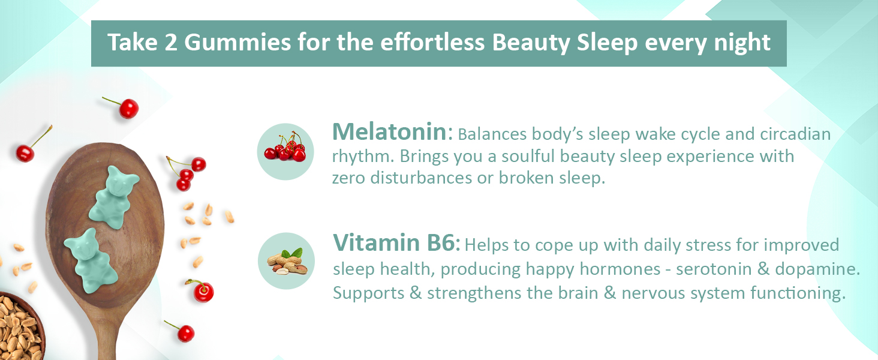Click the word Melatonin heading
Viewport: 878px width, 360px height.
click(x=389, y=132)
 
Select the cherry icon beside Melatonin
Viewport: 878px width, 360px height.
click(x=285, y=151)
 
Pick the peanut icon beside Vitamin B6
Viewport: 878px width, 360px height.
click(x=286, y=261)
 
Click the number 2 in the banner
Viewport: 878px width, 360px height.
click(x=171, y=43)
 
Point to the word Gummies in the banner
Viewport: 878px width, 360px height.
click(x=237, y=43)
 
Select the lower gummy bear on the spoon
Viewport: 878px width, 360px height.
click(x=91, y=261)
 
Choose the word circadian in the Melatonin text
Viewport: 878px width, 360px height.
click(x=795, y=134)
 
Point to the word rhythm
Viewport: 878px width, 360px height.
click(x=363, y=157)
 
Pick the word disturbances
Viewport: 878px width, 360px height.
click(x=422, y=178)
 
